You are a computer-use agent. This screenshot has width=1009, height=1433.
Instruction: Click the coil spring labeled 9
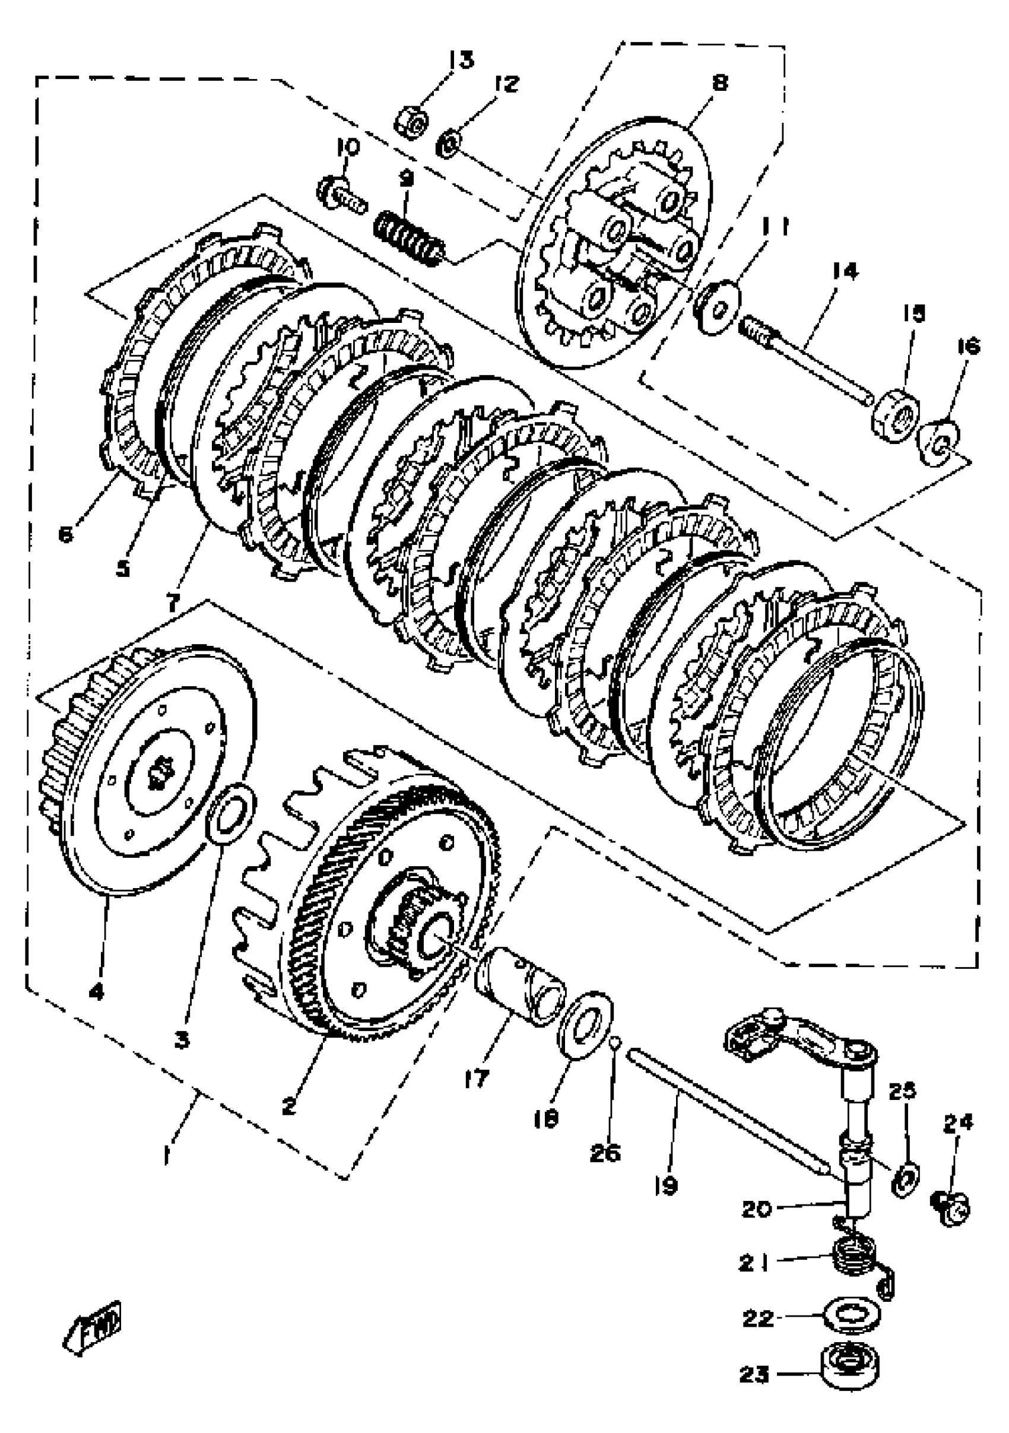click(410, 239)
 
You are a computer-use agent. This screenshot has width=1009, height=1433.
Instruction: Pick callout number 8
click(719, 82)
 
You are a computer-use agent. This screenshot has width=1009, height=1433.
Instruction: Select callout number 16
click(968, 347)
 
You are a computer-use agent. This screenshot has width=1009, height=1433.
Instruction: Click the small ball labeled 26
click(614, 1041)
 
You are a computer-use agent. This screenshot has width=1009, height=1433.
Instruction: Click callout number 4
click(97, 992)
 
